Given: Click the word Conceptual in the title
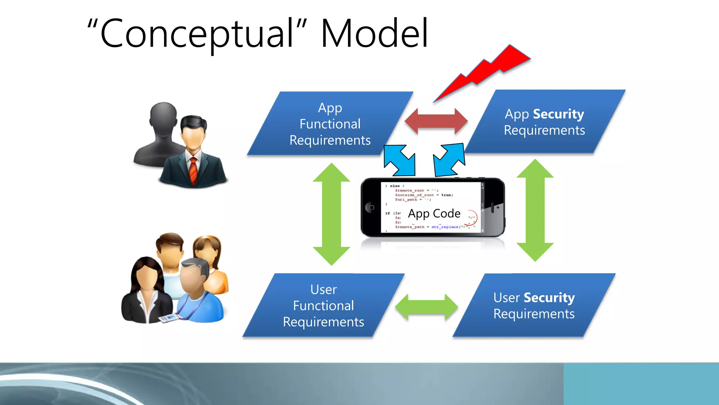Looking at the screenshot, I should point(197,34).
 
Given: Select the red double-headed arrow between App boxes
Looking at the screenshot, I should point(436,121).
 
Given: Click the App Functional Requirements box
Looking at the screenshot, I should point(330,124).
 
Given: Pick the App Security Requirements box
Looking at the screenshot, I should point(545,122).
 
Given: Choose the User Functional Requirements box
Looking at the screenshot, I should point(323,306).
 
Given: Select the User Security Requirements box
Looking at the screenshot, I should point(534,306).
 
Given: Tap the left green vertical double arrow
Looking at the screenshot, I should point(331,214).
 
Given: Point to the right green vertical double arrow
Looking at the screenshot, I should point(535,210).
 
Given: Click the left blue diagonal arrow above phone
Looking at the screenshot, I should point(400,161).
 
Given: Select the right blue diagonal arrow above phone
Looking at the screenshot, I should point(449,160).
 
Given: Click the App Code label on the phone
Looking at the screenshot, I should point(434,213).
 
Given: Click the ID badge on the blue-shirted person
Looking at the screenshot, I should point(171,318).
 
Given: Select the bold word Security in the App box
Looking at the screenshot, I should point(559,114).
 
